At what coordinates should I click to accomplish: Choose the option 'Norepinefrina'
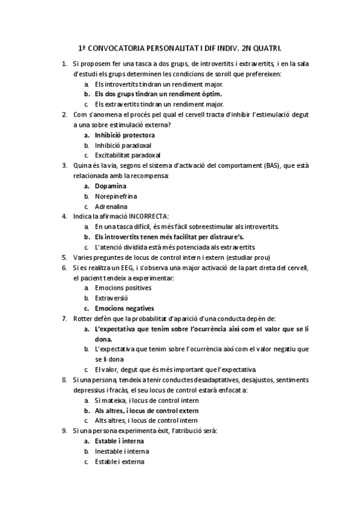[x=116, y=196]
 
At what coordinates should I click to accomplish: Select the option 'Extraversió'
[x=111, y=298]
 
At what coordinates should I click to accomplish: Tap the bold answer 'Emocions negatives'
[x=124, y=308]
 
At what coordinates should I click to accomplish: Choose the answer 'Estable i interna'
[x=119, y=441]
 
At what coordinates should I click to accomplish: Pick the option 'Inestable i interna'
[x=121, y=451]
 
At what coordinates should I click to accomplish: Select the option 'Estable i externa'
[x=120, y=461]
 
